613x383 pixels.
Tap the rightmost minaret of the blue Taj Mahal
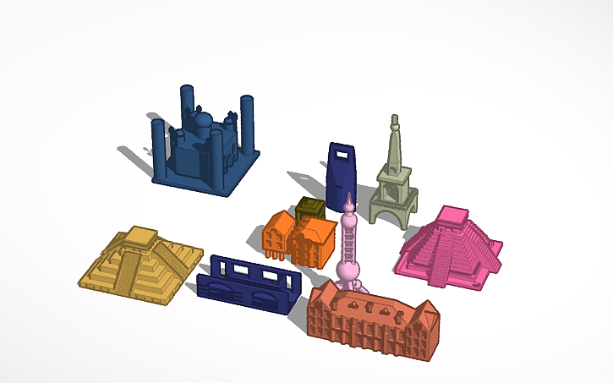pyautogui.click(x=248, y=123)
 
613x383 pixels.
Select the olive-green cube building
pyautogui.click(x=309, y=208)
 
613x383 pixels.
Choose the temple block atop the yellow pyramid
pyautogui.click(x=140, y=238)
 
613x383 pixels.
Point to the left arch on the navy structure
pyautogui.click(x=222, y=290)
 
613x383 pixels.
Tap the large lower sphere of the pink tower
pyautogui.click(x=348, y=271)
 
